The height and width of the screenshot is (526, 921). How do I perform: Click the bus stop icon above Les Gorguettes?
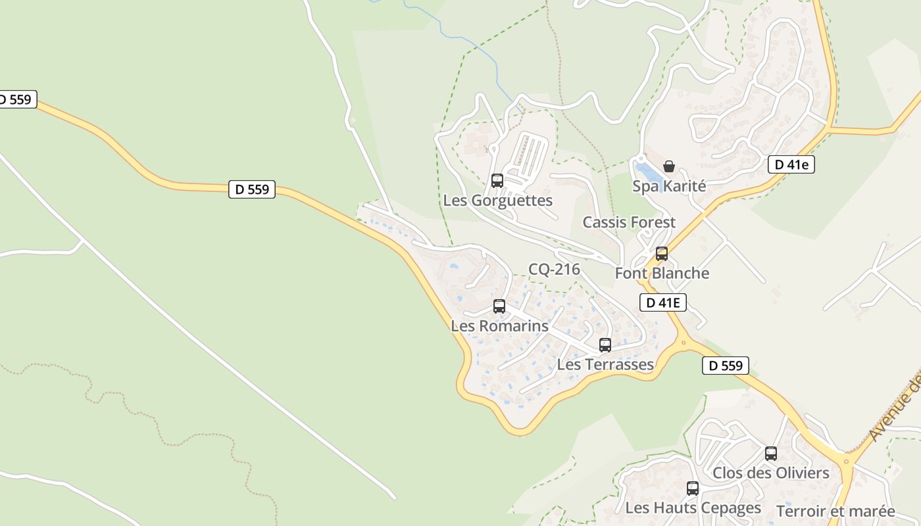(497, 180)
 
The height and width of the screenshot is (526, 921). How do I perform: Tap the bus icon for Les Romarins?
(499, 306)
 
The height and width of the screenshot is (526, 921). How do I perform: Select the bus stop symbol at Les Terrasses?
(605, 345)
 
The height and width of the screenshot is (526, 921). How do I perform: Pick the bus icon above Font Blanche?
(662, 253)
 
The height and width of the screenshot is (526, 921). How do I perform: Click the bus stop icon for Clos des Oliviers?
(771, 453)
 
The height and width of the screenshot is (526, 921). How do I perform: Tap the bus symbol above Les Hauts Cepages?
(693, 488)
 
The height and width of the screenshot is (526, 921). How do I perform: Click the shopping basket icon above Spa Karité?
(669, 166)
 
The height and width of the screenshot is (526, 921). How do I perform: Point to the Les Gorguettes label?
(497, 201)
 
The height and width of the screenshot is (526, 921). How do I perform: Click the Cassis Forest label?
(629, 222)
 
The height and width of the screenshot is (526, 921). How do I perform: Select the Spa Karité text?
(669, 186)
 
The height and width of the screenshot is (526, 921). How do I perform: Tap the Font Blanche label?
(662, 274)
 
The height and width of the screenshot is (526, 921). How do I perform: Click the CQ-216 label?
(554, 269)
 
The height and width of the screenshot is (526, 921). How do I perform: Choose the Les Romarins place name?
(499, 326)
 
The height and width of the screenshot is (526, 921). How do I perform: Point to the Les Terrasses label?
(605, 364)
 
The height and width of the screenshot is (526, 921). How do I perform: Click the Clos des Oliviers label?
(771, 473)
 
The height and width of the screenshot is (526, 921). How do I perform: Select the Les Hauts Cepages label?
(693, 508)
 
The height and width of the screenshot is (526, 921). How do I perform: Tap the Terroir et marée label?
(835, 512)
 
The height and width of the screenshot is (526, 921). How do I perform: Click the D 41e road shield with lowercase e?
(791, 164)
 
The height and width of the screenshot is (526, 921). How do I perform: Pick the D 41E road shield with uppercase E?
(663, 302)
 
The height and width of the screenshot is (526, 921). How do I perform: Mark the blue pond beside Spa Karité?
(648, 173)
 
